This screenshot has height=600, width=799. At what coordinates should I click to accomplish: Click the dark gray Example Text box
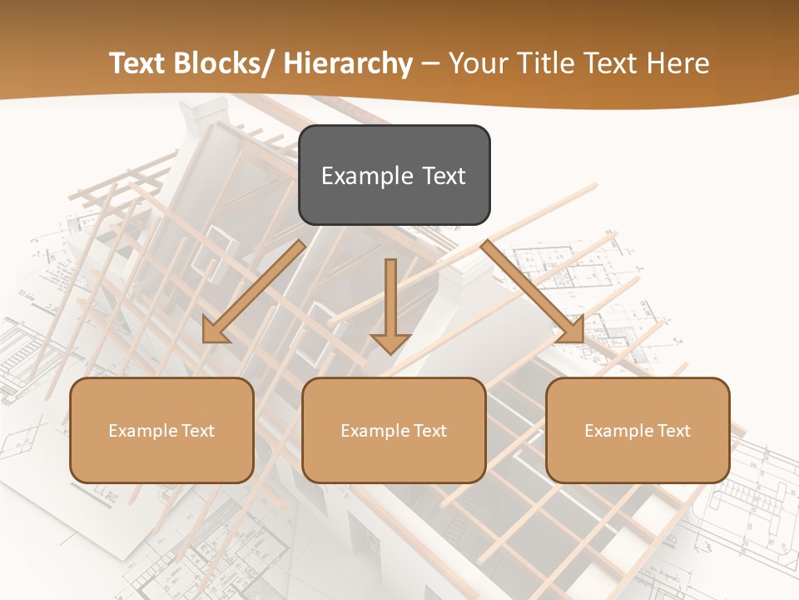pyautogui.click(x=394, y=175)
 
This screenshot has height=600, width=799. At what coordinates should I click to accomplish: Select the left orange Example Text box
pyautogui.click(x=161, y=430)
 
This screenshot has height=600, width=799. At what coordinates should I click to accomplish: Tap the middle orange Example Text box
pyautogui.click(x=394, y=430)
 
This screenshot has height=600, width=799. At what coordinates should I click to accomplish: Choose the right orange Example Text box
pyautogui.click(x=638, y=430)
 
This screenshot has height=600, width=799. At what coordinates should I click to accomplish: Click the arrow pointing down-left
pyautogui.click(x=254, y=292)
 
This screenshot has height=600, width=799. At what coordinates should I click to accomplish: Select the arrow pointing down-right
pyautogui.click(x=533, y=292)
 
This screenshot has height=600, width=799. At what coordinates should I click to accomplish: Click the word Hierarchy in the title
pyautogui.click(x=348, y=63)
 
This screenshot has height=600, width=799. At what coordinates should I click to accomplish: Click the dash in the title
pyautogui.click(x=431, y=63)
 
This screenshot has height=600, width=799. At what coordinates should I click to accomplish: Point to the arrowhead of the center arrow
pyautogui.click(x=390, y=342)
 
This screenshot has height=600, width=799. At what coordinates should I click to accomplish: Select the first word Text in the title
pyautogui.click(x=136, y=63)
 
